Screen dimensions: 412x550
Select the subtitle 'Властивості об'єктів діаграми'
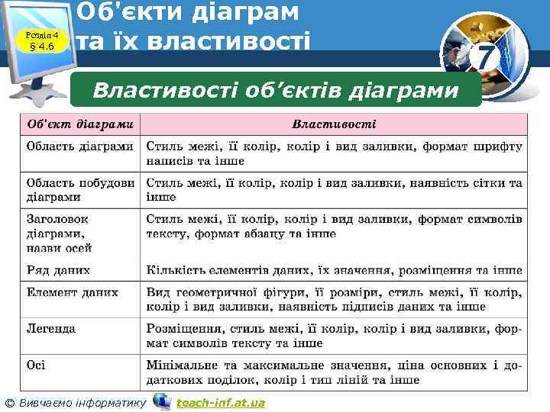coord(276,91)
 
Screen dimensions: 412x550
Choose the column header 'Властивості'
coord(334,124)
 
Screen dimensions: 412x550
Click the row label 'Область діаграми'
coord(79,145)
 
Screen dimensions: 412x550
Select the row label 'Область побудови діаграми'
coord(81,190)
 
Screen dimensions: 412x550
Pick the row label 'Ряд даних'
coord(58,269)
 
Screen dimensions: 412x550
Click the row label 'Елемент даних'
coord(72,291)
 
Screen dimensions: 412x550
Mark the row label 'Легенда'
coord(51,328)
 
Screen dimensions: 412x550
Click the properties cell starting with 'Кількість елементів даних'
coord(334,269)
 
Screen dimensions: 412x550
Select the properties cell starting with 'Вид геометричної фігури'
coord(334,299)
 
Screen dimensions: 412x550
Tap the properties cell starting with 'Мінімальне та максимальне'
coord(334,372)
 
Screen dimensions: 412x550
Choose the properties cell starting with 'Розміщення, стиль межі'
coord(334,336)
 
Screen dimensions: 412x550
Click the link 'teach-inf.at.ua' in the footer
coord(221,402)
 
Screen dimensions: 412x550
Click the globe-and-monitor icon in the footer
coord(161,401)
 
